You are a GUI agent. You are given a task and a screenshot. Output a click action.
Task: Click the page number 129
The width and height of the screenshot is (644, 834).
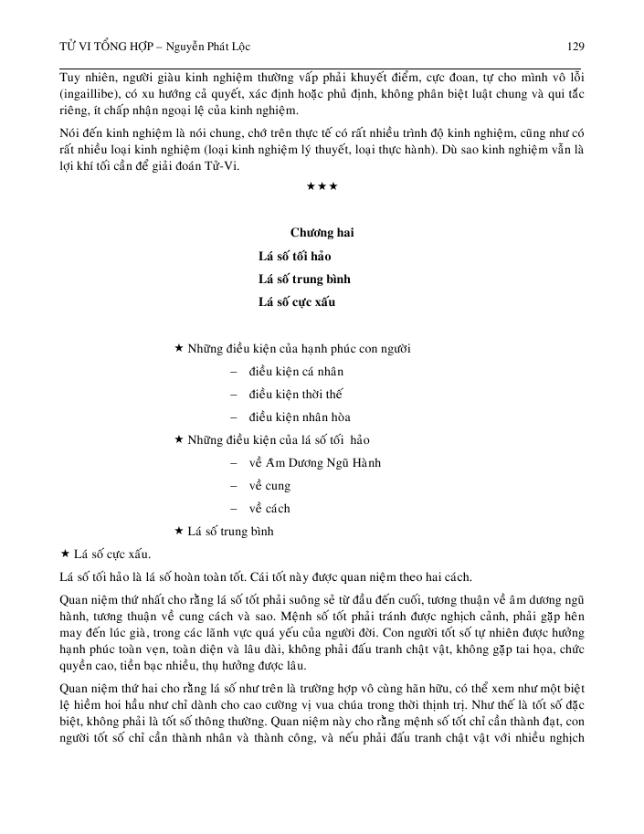click(x=575, y=46)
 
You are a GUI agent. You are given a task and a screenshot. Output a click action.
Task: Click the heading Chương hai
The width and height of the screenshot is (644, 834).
click(x=322, y=233)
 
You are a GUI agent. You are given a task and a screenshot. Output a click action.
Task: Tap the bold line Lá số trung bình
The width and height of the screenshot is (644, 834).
click(x=304, y=279)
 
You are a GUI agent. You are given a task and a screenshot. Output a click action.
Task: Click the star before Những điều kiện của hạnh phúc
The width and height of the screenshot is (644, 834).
click(x=178, y=349)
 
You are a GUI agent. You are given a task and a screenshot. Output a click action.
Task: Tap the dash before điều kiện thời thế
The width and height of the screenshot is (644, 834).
click(x=235, y=395)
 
